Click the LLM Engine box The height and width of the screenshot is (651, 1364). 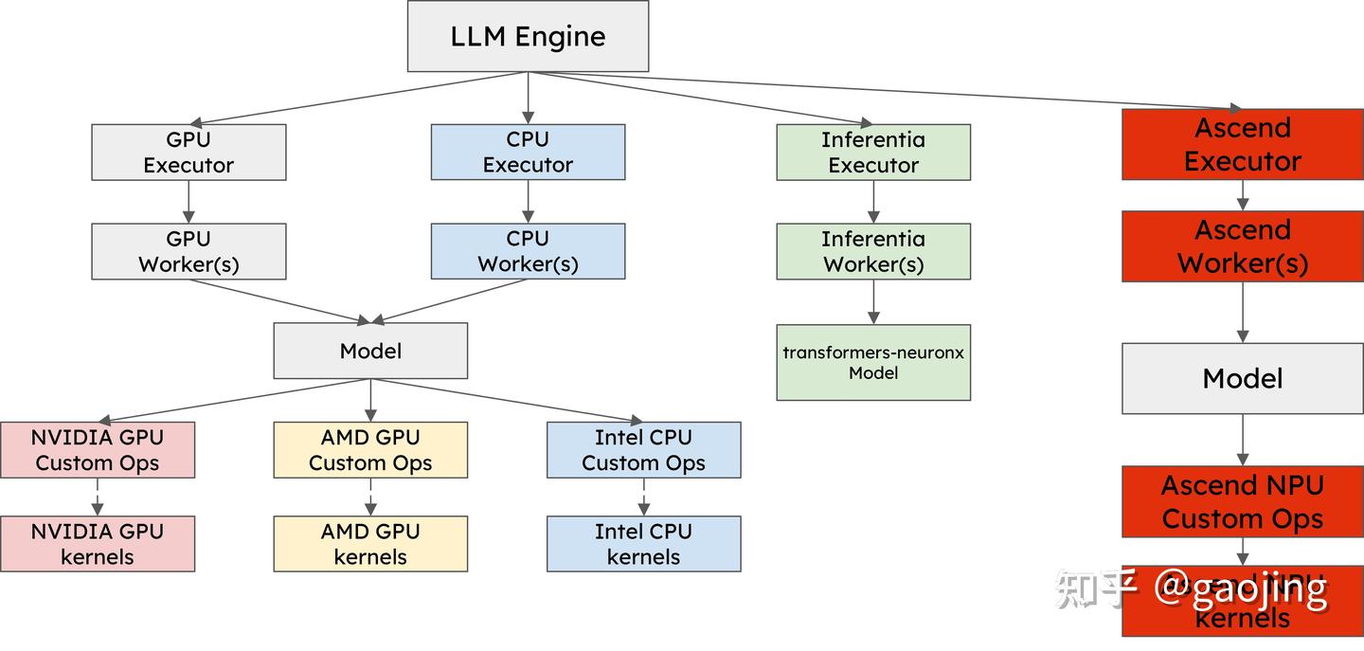tap(528, 36)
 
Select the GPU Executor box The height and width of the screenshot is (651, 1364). tap(188, 153)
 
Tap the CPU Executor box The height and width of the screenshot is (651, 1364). tap(528, 153)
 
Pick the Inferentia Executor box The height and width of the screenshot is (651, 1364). tap(873, 153)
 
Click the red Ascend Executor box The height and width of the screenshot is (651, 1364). tap(1243, 144)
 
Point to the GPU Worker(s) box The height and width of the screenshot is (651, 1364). tap(188, 252)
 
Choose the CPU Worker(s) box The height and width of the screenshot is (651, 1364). tap(528, 252)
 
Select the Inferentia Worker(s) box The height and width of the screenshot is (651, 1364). tap(873, 252)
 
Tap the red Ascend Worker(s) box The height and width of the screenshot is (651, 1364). tap(1243, 246)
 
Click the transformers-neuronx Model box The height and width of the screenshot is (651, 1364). tap(873, 362)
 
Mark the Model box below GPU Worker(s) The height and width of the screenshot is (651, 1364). tap(370, 351)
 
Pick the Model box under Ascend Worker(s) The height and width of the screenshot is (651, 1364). tap(1243, 379)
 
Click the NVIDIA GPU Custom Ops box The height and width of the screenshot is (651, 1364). tap(98, 450)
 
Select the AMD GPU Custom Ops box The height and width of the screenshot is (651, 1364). tap(370, 450)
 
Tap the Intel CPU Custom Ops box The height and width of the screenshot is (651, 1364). tap(643, 450)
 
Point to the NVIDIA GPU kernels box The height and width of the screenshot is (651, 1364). tap(98, 544)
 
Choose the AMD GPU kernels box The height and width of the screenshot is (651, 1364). tap(370, 544)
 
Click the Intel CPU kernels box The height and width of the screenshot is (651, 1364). tap(643, 544)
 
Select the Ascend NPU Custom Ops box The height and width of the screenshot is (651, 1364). tap(1243, 501)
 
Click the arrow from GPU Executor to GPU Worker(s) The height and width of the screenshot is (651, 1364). tap(188, 202)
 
